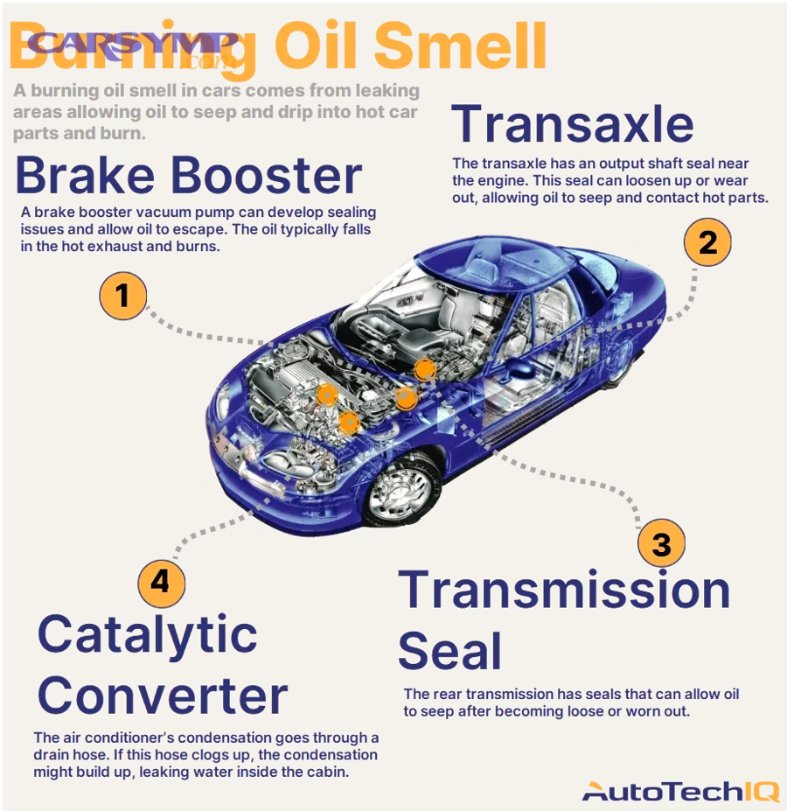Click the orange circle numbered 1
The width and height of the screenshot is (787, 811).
(122, 296)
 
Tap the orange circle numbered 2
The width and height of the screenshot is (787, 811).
(707, 241)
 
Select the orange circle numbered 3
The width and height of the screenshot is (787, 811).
(661, 544)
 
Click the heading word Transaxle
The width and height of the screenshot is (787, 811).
(573, 124)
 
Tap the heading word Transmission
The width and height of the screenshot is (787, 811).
(564, 591)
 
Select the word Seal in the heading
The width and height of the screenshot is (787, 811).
(449, 652)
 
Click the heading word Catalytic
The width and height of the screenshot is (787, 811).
(147, 634)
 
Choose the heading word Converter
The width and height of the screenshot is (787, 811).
(163, 696)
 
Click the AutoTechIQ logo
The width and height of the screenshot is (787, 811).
(679, 792)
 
